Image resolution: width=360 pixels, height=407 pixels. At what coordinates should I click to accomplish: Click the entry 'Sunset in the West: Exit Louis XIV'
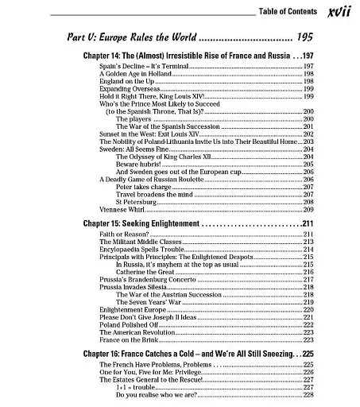(x=148, y=134)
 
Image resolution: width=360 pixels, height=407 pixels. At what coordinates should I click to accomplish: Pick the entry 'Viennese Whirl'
(x=120, y=209)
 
